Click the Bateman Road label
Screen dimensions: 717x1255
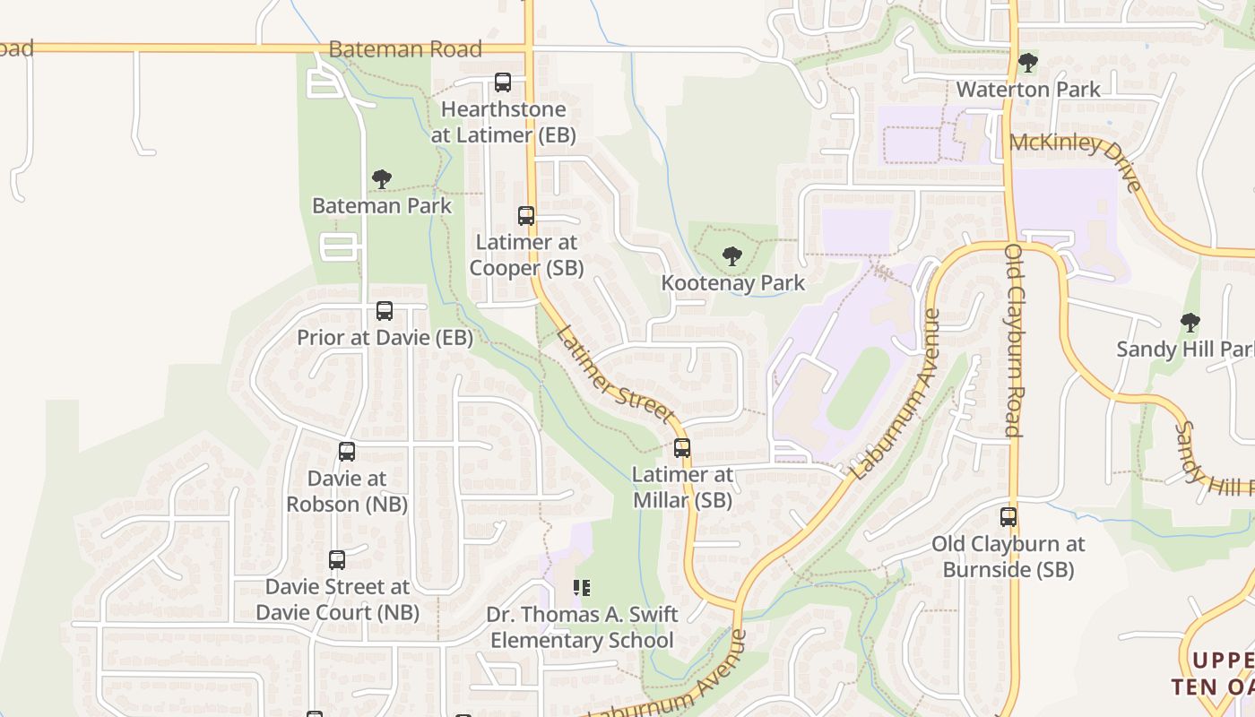tap(405, 49)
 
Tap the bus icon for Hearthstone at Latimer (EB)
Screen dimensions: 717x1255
tap(503, 82)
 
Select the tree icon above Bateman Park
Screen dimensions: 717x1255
tap(382, 179)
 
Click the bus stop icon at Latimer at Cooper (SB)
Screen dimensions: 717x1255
tap(526, 216)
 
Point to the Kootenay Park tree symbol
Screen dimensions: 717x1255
tap(732, 256)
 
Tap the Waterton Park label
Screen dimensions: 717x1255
tap(1028, 90)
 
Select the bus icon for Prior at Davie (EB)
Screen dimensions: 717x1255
tap(385, 311)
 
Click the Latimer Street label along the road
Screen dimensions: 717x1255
tap(615, 374)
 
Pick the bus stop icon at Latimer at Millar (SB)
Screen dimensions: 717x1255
tap(682, 448)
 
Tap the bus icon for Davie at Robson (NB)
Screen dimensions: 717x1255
tap(347, 452)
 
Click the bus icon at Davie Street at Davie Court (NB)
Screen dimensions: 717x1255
tap(337, 560)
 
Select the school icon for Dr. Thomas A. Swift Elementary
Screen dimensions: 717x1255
tap(582, 588)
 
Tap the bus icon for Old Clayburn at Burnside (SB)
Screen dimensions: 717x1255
tap(1008, 517)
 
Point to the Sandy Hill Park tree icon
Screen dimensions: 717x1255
tap(1190, 322)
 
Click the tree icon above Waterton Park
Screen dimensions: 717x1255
tap(1027, 63)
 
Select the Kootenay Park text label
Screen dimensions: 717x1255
tap(733, 283)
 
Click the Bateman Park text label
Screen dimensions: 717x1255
tap(382, 205)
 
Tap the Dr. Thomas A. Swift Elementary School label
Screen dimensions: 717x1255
tap(582, 627)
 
